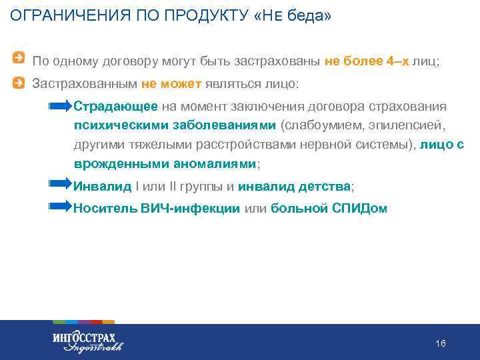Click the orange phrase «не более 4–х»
click(367, 61)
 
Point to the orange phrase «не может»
click(165, 85)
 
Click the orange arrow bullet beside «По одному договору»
click(21, 60)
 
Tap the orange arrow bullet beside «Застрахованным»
click(21, 83)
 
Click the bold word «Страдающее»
click(115, 107)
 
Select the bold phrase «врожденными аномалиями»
click(165, 164)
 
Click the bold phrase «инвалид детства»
click(294, 186)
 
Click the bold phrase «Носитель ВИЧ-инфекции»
click(157, 208)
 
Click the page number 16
click(440, 343)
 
